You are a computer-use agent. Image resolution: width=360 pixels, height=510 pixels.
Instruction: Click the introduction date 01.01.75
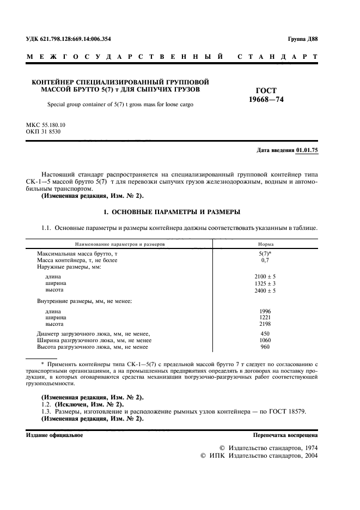[307, 150]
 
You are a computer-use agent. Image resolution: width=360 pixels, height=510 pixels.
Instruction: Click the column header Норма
[266, 245]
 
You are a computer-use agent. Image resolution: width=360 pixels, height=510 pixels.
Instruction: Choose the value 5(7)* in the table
[266, 254]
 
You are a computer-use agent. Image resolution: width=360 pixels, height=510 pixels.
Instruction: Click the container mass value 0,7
[266, 261]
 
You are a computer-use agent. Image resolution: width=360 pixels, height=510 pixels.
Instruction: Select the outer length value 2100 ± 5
[266, 277]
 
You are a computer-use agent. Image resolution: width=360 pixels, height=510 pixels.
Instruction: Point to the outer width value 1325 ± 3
[266, 284]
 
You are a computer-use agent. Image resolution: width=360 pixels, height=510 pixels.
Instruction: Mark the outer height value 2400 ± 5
[266, 291]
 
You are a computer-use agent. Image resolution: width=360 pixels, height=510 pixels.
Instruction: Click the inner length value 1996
[266, 311]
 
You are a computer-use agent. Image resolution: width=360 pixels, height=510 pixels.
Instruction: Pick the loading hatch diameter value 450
[266, 333]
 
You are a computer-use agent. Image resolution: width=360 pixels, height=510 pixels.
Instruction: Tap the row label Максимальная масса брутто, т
[77, 254]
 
